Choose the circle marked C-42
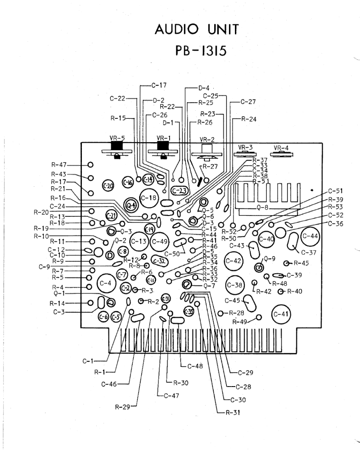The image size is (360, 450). click(x=234, y=261)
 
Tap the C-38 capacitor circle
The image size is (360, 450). click(x=234, y=285)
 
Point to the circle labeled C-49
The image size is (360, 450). click(x=160, y=241)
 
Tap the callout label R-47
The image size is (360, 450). click(x=58, y=166)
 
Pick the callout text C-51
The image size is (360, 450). click(x=336, y=191)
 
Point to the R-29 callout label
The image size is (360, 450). click(x=122, y=408)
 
